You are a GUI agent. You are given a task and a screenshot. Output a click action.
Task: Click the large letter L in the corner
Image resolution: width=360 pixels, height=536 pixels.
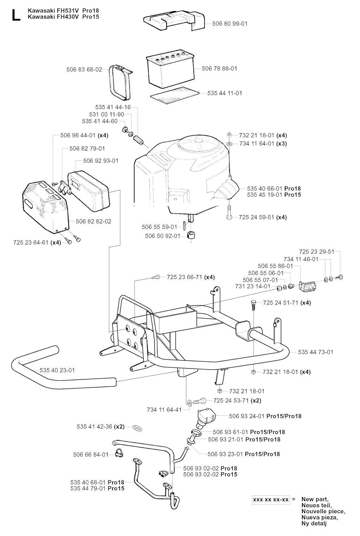click(16, 15)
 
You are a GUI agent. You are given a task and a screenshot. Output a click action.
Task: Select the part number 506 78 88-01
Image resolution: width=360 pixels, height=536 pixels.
click(219, 69)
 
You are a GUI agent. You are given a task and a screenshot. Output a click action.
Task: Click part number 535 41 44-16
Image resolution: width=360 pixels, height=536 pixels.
click(113, 107)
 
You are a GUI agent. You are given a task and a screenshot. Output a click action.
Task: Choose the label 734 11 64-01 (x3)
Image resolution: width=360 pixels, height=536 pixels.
click(263, 143)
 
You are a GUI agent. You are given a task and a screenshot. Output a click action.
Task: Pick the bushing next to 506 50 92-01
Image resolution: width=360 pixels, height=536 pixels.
click(191, 235)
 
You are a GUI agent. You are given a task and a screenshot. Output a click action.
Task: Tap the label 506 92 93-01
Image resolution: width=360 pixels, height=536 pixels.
click(101, 161)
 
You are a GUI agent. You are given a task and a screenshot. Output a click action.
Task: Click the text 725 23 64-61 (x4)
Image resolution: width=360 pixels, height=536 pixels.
click(37, 243)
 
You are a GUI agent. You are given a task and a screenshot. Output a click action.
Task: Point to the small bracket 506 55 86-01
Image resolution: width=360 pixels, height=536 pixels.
click(308, 286)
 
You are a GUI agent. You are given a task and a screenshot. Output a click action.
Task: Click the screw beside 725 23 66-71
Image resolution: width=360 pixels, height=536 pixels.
click(155, 277)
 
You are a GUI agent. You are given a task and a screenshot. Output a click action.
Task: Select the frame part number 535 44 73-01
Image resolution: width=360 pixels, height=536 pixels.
click(315, 352)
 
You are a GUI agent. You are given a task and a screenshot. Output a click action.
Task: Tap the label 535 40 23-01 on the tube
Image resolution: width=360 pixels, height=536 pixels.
click(57, 370)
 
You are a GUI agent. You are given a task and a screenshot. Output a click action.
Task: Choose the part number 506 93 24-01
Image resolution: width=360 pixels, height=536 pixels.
click(246, 416)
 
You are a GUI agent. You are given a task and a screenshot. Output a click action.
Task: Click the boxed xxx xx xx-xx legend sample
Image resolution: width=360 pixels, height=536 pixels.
click(271, 500)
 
